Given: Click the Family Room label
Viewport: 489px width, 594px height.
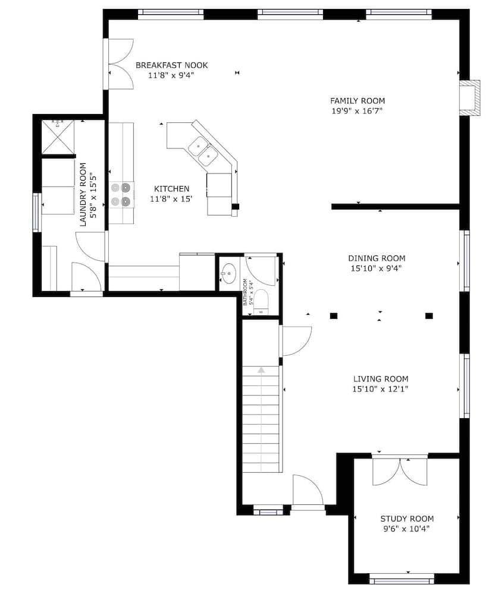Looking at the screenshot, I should coord(357,101).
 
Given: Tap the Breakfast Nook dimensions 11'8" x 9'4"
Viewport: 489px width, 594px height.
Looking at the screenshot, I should coord(171,75).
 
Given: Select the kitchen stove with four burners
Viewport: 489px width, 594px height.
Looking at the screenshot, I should coord(120,194).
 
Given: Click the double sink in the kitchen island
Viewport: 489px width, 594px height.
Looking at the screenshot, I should coord(203,150).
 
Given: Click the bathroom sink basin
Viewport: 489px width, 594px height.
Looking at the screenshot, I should coord(229,274).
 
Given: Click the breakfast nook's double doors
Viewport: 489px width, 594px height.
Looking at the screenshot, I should coord(120,64).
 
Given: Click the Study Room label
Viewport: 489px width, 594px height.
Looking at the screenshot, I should coord(407,519).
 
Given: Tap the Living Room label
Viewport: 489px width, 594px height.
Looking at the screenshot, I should coord(380,379).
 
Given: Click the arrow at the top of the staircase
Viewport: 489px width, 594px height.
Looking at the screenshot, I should coord(261,370).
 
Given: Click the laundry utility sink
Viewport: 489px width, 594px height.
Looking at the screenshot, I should coord(58,137).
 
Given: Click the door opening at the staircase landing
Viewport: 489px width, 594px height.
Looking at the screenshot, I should coord(296,341).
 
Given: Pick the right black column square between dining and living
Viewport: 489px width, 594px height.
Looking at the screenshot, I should coord(429,316).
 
